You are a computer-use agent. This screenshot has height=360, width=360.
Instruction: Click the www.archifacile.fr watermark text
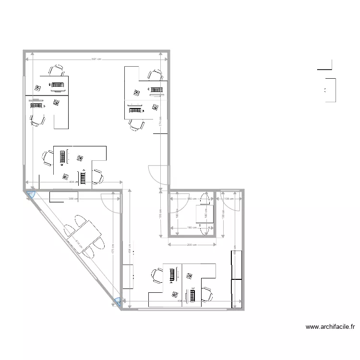(x=330, y=327)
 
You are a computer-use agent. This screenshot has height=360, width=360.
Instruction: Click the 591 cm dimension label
(x=96, y=59)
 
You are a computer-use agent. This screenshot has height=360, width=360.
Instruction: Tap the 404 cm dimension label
(x=72, y=182)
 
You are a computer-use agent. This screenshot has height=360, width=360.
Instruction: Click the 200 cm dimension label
(x=192, y=245)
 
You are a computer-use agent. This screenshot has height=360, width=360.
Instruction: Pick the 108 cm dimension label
(x=228, y=198)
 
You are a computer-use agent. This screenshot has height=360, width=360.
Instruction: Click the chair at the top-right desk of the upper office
(x=155, y=75)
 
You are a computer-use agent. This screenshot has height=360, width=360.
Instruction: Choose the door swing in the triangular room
(x=111, y=203)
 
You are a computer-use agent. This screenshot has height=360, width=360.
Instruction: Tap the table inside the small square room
(x=204, y=214)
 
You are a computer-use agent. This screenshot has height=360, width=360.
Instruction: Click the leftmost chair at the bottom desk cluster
(x=157, y=276)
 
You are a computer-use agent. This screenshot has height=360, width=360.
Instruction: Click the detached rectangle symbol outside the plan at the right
(x=330, y=90)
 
